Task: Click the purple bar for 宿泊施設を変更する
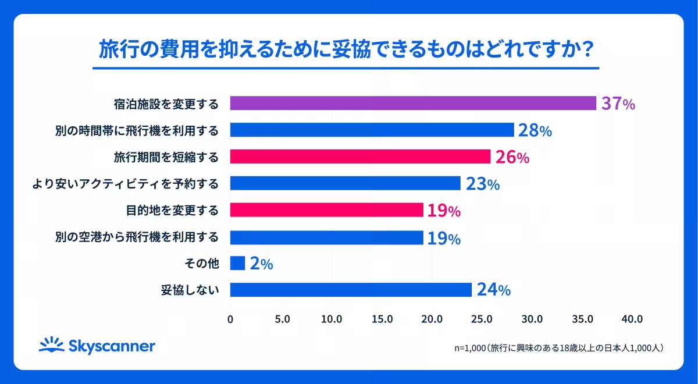pos(413,103)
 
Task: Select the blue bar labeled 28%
pos(372,130)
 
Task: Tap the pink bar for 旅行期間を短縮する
pos(360,157)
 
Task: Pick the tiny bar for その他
pos(237,263)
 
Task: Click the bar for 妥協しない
pos(351,290)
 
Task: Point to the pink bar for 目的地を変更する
pos(326,210)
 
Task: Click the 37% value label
pos(618,104)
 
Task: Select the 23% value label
pos(482,184)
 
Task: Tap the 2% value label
pos(261,264)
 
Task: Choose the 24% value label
pos(493,290)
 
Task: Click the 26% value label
pos(512,157)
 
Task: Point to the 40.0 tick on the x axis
pos(632,319)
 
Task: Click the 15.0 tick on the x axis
pos(382,319)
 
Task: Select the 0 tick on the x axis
pos(230,319)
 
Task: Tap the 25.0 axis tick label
pos(482,319)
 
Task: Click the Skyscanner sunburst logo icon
pos(51,345)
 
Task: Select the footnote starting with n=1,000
pos(559,348)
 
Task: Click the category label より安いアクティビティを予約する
pos(126,184)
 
